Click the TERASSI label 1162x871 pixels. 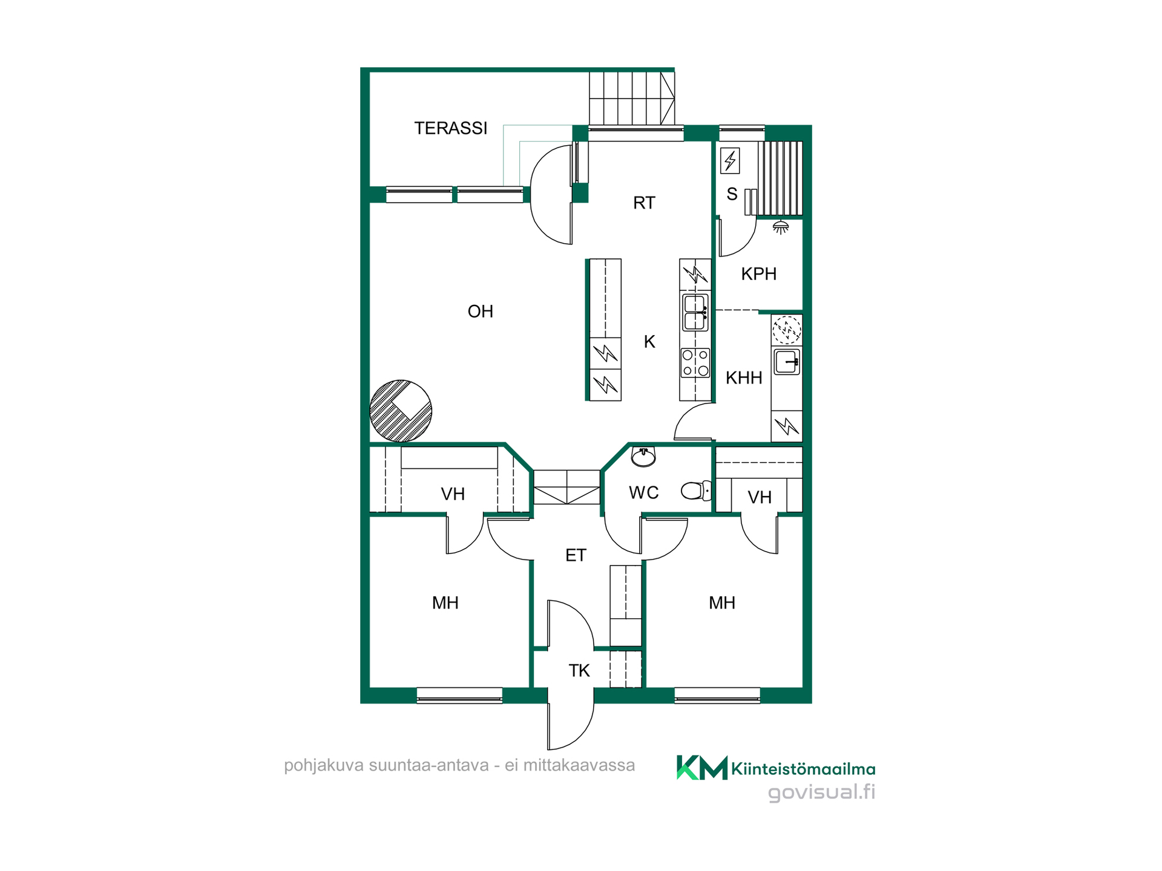click(451, 128)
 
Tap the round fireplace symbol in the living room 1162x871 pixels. click(401, 411)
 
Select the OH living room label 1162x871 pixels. click(481, 312)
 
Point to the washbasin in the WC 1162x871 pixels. click(643, 457)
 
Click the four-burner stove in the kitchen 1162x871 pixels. click(695, 363)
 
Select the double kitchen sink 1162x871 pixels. click(695, 312)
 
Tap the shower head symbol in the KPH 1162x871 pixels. click(781, 227)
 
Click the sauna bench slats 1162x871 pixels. click(780, 178)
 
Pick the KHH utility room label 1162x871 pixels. click(744, 378)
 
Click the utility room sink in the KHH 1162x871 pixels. click(787, 362)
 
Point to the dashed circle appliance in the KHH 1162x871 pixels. click(787, 330)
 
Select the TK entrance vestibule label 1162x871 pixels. click(579, 670)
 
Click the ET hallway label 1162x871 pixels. click(576, 555)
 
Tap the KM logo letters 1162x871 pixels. click(702, 768)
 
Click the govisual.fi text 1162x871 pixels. click(821, 792)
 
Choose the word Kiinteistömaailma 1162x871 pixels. click(803, 769)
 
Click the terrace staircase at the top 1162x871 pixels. click(632, 98)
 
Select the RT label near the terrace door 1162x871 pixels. click(644, 203)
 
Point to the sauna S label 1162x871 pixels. click(732, 194)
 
